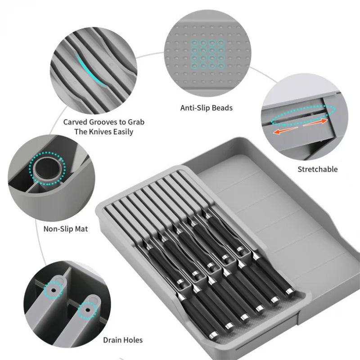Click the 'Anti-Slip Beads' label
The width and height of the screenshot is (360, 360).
point(206,108)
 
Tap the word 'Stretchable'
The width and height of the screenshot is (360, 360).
point(317,169)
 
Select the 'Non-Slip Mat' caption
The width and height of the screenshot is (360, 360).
point(66,229)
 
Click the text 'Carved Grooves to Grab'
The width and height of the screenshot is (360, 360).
point(104,122)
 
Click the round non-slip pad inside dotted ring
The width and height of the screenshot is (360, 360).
point(47,168)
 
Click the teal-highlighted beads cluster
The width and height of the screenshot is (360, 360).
point(208,54)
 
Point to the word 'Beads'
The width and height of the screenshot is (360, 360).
point(222,108)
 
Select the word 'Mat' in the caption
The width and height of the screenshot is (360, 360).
point(81,229)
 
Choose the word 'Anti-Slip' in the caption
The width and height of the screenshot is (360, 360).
point(195,108)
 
